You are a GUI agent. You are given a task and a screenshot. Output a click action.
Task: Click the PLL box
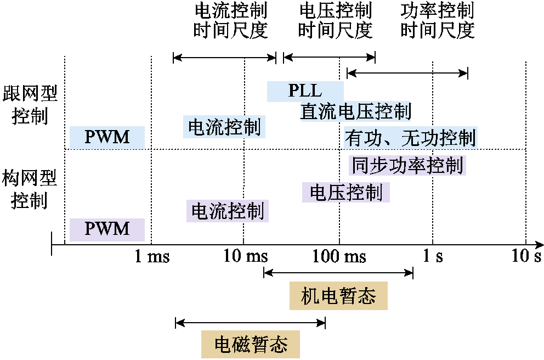click(305, 91)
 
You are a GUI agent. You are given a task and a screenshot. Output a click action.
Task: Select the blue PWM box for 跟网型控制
click(107, 137)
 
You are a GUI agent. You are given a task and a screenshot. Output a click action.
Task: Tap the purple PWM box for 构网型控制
click(107, 229)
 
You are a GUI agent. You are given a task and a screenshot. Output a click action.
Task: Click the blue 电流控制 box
click(224, 127)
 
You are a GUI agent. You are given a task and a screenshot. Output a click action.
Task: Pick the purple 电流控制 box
click(227, 211)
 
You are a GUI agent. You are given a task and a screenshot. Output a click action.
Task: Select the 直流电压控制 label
click(355, 112)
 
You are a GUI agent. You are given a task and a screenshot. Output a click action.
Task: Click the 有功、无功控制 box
click(410, 138)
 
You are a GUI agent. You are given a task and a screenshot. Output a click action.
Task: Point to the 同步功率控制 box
click(406, 165)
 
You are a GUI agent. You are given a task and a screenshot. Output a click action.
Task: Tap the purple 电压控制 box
click(345, 193)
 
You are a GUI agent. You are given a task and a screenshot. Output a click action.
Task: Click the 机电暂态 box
click(338, 296)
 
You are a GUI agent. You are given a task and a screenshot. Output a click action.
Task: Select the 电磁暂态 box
click(251, 344)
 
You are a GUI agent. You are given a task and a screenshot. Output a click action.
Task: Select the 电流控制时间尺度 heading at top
click(230, 20)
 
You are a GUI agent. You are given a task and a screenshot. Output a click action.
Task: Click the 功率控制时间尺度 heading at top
click(437, 20)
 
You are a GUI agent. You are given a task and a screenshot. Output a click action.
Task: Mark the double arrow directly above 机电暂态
click(338, 273)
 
